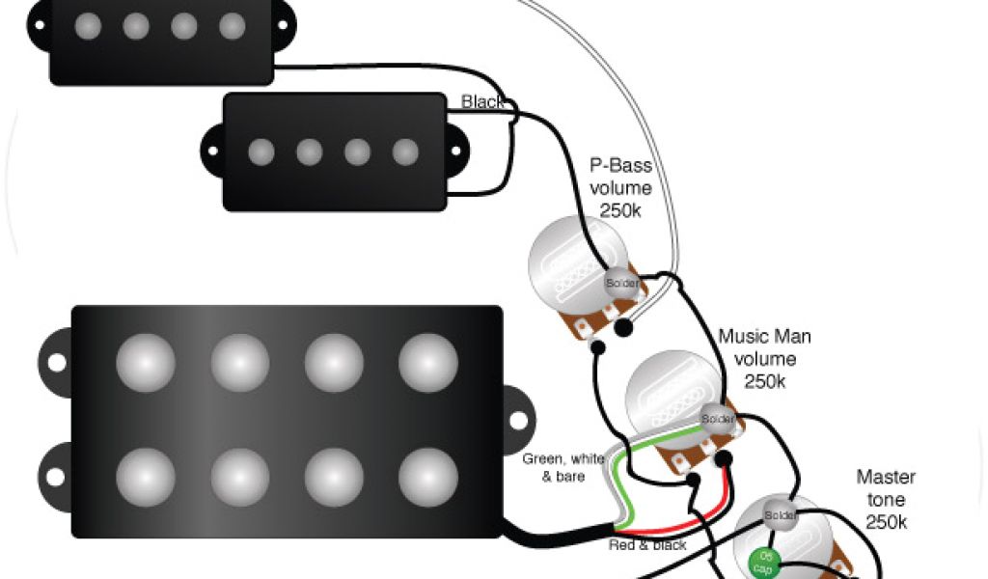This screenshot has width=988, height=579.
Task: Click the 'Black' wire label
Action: (x=481, y=101)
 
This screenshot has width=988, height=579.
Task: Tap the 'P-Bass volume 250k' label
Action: (x=620, y=187)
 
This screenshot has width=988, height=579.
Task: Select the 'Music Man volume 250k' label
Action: (x=764, y=358)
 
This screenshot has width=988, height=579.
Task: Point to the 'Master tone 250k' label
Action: (x=885, y=499)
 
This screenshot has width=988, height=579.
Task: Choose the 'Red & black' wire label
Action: (x=647, y=545)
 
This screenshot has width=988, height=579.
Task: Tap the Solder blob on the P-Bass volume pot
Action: (x=619, y=283)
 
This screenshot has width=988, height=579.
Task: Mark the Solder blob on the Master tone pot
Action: (x=780, y=516)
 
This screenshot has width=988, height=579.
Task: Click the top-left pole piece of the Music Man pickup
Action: (x=146, y=363)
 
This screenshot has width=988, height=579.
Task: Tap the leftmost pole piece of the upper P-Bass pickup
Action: (x=89, y=26)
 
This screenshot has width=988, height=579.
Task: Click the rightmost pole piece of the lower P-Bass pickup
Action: (x=406, y=152)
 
